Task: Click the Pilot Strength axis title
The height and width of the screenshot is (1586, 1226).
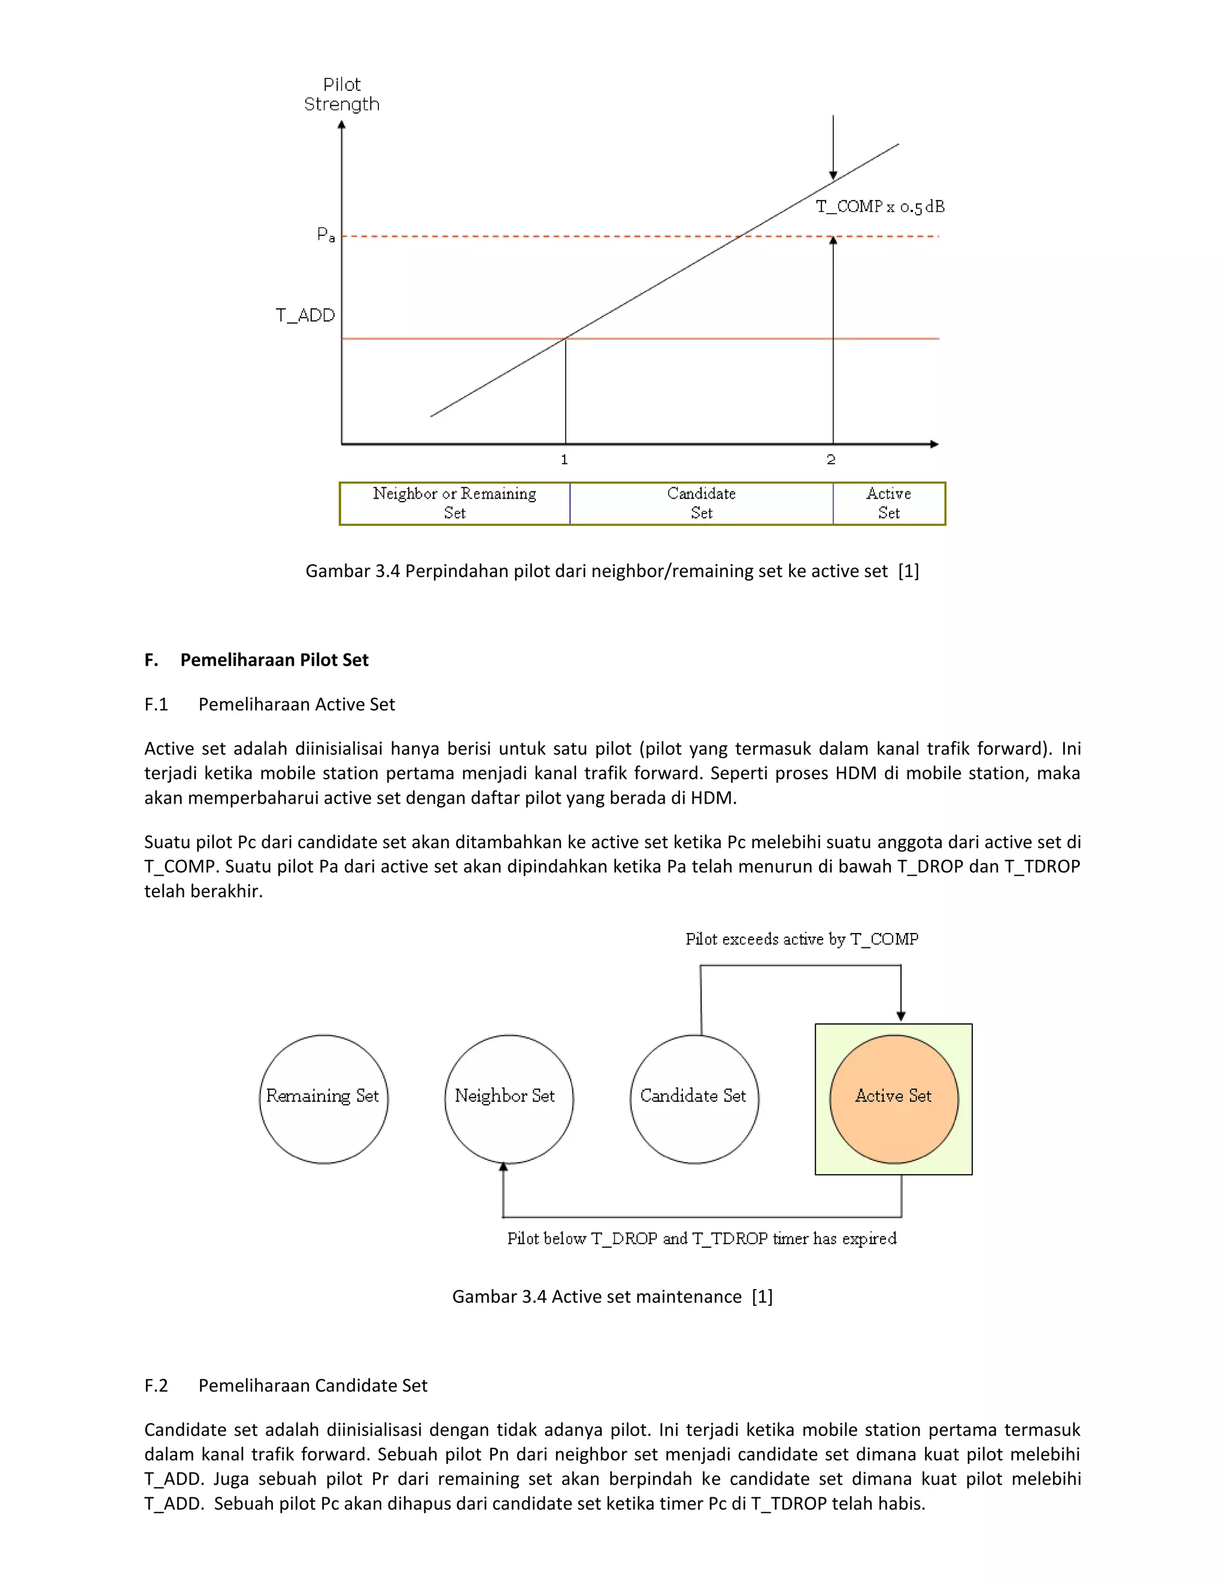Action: pyautogui.click(x=341, y=95)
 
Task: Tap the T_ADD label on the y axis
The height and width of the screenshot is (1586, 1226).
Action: pyautogui.click(x=305, y=315)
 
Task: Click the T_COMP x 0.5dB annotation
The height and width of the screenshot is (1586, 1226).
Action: pyautogui.click(x=879, y=207)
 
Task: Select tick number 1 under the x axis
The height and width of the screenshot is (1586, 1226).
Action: pyautogui.click(x=565, y=460)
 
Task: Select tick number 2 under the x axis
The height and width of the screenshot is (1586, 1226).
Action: pyautogui.click(x=831, y=460)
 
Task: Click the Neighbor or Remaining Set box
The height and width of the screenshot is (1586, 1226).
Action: pyautogui.click(x=455, y=503)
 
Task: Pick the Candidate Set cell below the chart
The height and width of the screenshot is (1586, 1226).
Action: pyautogui.click(x=701, y=503)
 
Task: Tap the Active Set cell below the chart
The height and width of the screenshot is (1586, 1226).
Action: pyautogui.click(x=888, y=503)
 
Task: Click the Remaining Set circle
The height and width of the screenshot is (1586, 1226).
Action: pyautogui.click(x=323, y=1099)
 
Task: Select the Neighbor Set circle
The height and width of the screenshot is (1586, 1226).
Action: pyautogui.click(x=508, y=1099)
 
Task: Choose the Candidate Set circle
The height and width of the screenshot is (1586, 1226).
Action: pyautogui.click(x=694, y=1099)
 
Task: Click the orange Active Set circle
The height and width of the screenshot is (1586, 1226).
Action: pyautogui.click(x=893, y=1099)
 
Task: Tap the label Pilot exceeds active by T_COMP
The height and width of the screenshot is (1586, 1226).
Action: pyautogui.click(x=802, y=940)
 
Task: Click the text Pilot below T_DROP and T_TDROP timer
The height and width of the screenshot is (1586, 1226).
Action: pyautogui.click(x=702, y=1239)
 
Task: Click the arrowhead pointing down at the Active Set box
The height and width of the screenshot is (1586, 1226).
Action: pyautogui.click(x=900, y=1016)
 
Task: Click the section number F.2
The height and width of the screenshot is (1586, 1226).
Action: pyautogui.click(x=156, y=1386)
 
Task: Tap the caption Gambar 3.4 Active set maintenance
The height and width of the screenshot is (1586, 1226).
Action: pyautogui.click(x=612, y=1296)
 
